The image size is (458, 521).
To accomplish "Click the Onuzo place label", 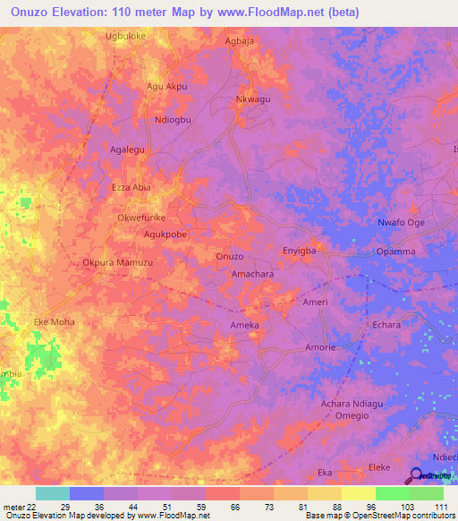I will pyautogui.click(x=230, y=257).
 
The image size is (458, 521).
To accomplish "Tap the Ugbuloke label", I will pyautogui.click(x=125, y=37).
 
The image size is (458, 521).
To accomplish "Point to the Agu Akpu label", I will pyautogui.click(x=166, y=87).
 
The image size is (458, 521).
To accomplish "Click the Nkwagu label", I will pyautogui.click(x=252, y=99).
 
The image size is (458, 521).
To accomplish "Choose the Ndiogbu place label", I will pyautogui.click(x=174, y=120).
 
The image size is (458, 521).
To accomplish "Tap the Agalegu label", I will pyautogui.click(x=127, y=149).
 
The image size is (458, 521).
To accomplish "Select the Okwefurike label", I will pyautogui.click(x=141, y=218).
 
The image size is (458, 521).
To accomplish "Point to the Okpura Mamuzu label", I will pyautogui.click(x=117, y=263).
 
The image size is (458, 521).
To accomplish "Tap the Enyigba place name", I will pyautogui.click(x=300, y=252).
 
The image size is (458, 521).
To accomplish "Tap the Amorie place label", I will pyautogui.click(x=320, y=346).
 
